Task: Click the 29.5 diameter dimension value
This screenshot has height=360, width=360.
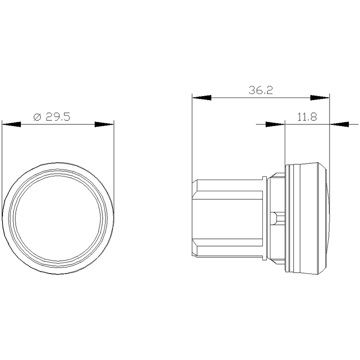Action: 58,117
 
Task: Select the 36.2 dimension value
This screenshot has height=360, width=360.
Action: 261,90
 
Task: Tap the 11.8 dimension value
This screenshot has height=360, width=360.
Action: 307,117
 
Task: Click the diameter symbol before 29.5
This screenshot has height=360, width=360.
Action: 38,117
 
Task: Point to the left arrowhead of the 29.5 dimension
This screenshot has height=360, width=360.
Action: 11,124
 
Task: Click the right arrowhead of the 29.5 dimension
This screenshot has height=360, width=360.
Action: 104,124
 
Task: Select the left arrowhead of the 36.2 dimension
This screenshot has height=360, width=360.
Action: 202,98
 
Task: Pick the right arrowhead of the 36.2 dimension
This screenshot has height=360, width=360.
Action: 320,98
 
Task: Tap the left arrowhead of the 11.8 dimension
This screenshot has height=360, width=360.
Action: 275,124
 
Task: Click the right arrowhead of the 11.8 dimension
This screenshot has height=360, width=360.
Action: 339,124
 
